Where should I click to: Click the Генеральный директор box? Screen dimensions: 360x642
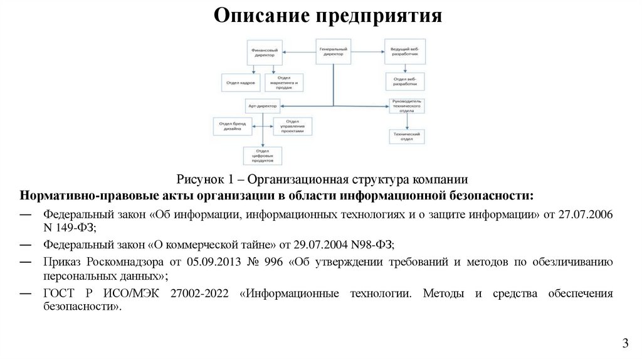pyautogui.click(x=333, y=51)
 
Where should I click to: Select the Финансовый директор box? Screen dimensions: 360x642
pyautogui.click(x=264, y=51)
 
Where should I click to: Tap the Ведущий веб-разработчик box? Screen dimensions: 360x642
pyautogui.click(x=404, y=51)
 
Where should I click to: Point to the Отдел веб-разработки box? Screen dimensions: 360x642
pyautogui.click(x=404, y=82)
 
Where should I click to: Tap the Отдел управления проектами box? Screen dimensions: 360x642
pyautogui.click(x=292, y=126)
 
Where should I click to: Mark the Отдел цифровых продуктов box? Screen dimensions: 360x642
pyautogui.click(x=263, y=155)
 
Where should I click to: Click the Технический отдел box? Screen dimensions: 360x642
pyautogui.click(x=406, y=136)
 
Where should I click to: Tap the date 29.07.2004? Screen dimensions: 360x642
pyautogui.click(x=307, y=245)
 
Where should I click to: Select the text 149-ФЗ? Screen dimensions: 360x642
pyautogui.click(x=76, y=229)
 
